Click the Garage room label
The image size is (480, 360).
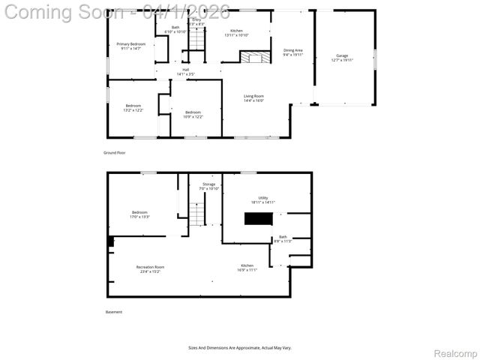pos(342,58)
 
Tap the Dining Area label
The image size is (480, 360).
pos(293,52)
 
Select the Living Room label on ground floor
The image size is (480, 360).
pos(253,97)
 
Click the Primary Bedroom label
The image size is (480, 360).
pos(130,46)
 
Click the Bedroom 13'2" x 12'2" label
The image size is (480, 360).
pos(133,108)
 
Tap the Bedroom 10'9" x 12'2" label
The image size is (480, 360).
pos(193,114)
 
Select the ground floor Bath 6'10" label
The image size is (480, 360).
pos(175,29)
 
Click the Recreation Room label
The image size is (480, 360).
pos(150,268)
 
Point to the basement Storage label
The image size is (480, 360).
pos(208,186)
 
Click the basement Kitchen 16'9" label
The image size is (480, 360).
pos(247,268)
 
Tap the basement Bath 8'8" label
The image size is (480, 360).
pos(283,238)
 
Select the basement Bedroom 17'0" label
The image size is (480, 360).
pos(140,214)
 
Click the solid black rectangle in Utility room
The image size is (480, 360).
pos(259,218)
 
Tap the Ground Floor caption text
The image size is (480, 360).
pos(115,152)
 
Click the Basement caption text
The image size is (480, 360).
pos(113,312)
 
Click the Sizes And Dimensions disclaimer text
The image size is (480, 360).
pos(240,347)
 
